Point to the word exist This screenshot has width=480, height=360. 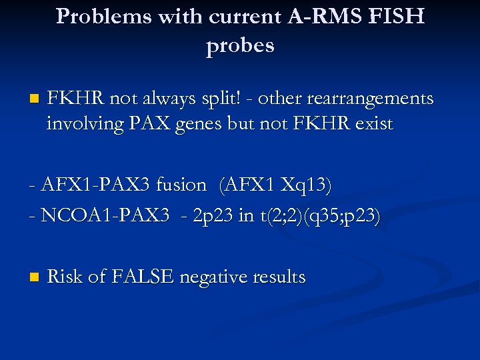tap(373, 124)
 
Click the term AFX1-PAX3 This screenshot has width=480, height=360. tap(102, 185)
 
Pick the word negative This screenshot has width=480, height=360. tap(216, 277)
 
